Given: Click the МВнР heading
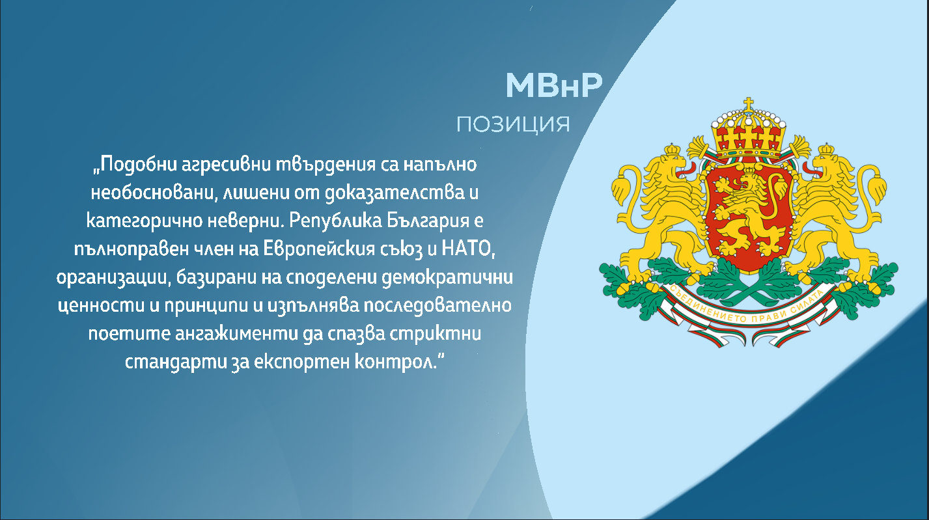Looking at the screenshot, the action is pos(554,85).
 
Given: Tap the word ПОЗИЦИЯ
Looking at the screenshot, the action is pos(514,124).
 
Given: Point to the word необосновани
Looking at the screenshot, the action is pos(154,193).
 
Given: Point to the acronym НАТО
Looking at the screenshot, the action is pos(468,249).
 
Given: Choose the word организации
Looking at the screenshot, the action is pos(114,278).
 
